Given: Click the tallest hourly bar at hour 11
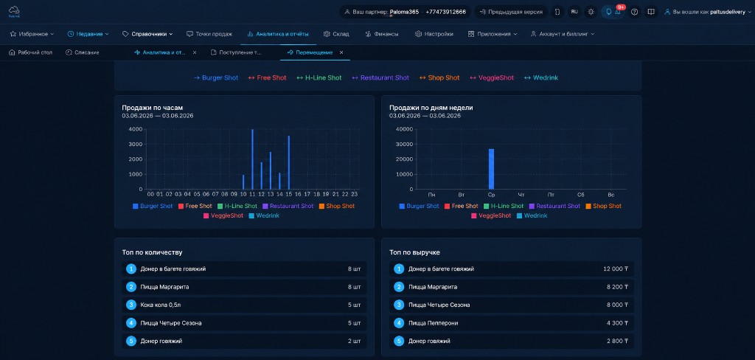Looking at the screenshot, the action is pyautogui.click(x=252, y=159).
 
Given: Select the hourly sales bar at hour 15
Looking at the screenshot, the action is pyautogui.click(x=289, y=162).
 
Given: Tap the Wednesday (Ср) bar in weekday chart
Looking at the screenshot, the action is pyautogui.click(x=491, y=169).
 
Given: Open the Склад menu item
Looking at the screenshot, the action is pyautogui.click(x=336, y=34).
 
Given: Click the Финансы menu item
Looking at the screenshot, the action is pyautogui.click(x=382, y=34).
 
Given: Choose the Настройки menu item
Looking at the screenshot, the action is pyautogui.click(x=434, y=34).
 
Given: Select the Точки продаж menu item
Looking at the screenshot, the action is pyautogui.click(x=209, y=34).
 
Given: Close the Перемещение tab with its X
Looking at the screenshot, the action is pyautogui.click(x=341, y=52).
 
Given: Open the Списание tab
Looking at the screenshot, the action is pyautogui.click(x=83, y=52).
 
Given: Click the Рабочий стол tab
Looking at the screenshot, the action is pyautogui.click(x=30, y=52).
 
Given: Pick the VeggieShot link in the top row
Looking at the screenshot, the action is pyautogui.click(x=492, y=77).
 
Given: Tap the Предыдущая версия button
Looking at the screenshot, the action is pyautogui.click(x=511, y=12).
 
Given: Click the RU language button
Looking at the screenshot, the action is pyautogui.click(x=574, y=12).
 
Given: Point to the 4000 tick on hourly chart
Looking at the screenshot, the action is pyautogui.click(x=136, y=129).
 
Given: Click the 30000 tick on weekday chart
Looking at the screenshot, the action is pyautogui.click(x=404, y=144).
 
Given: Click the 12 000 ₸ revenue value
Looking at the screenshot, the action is pyautogui.click(x=616, y=269).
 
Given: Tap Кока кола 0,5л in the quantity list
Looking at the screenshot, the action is pyautogui.click(x=161, y=305).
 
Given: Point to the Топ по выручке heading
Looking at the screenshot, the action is pyautogui.click(x=414, y=252).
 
